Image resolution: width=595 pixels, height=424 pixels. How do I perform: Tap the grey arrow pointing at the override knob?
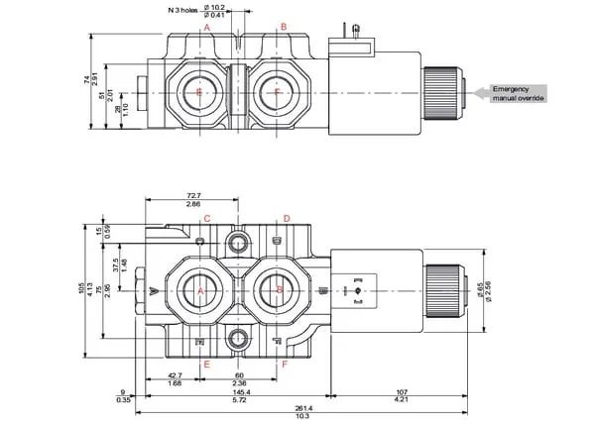480,93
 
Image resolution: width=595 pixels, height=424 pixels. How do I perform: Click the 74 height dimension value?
88,78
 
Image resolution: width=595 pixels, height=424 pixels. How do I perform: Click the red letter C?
206,219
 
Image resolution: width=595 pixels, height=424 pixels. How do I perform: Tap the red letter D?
286,219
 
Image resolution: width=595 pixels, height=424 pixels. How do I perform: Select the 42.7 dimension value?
175,375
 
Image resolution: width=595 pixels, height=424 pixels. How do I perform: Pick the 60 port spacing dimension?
239,375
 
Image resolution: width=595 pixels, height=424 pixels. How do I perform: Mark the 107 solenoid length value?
401,391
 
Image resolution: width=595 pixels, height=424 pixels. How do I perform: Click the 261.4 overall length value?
303,408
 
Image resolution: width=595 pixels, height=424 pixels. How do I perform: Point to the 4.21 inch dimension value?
401,400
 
